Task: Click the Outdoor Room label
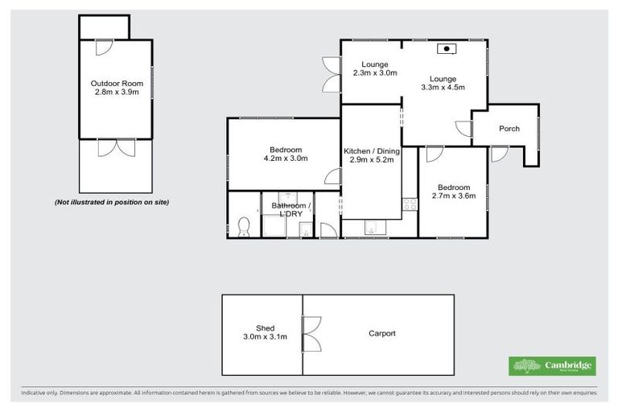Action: pos(115,83)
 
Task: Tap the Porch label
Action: pos(509,129)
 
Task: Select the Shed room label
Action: pos(266,328)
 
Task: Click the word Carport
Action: pos(382,333)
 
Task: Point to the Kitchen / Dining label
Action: pos(369,151)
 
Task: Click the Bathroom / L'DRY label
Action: pos(290,210)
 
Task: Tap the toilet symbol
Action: pos(244,227)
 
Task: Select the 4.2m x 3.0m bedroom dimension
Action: pos(286,159)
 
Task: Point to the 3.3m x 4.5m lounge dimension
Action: pos(443,88)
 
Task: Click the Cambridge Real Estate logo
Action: pos(553,366)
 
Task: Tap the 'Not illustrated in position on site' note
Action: pos(112,201)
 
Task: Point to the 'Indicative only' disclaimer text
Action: pos(309,393)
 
